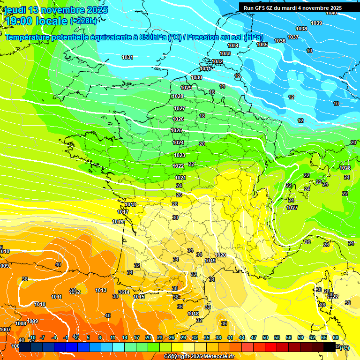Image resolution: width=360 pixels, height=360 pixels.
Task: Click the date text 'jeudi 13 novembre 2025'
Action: (x=56, y=10)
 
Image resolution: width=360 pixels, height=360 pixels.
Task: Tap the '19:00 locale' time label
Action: (x=36, y=21)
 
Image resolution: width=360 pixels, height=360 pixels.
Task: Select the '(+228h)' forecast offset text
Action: (x=84, y=21)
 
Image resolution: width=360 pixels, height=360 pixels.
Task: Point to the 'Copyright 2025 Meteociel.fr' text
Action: (x=199, y=356)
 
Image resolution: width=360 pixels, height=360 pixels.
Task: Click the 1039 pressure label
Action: (x=316, y=23)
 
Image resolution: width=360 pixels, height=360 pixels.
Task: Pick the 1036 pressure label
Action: (x=280, y=41)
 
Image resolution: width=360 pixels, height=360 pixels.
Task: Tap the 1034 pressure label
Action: (x=233, y=45)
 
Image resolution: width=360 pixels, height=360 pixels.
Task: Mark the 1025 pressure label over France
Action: (x=177, y=131)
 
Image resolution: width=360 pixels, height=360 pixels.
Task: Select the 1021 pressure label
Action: (x=180, y=178)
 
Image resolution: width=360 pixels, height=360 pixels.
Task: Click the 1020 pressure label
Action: (x=220, y=255)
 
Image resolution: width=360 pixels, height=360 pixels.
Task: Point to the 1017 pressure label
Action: (x=123, y=212)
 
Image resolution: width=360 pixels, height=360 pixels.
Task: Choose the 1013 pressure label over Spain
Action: (x=101, y=290)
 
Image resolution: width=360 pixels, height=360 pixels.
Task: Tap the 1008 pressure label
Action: (x=20, y=323)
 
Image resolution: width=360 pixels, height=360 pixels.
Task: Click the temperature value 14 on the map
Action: (x=222, y=86)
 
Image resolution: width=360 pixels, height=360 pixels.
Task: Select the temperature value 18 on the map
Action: (x=202, y=116)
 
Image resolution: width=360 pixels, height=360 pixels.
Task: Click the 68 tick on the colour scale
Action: (x=336, y=337)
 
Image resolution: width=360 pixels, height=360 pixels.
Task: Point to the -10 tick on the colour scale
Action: (x=32, y=337)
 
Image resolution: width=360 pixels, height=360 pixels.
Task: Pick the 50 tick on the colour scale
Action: (x=265, y=337)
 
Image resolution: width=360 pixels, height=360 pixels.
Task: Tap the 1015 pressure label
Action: (x=139, y=297)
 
